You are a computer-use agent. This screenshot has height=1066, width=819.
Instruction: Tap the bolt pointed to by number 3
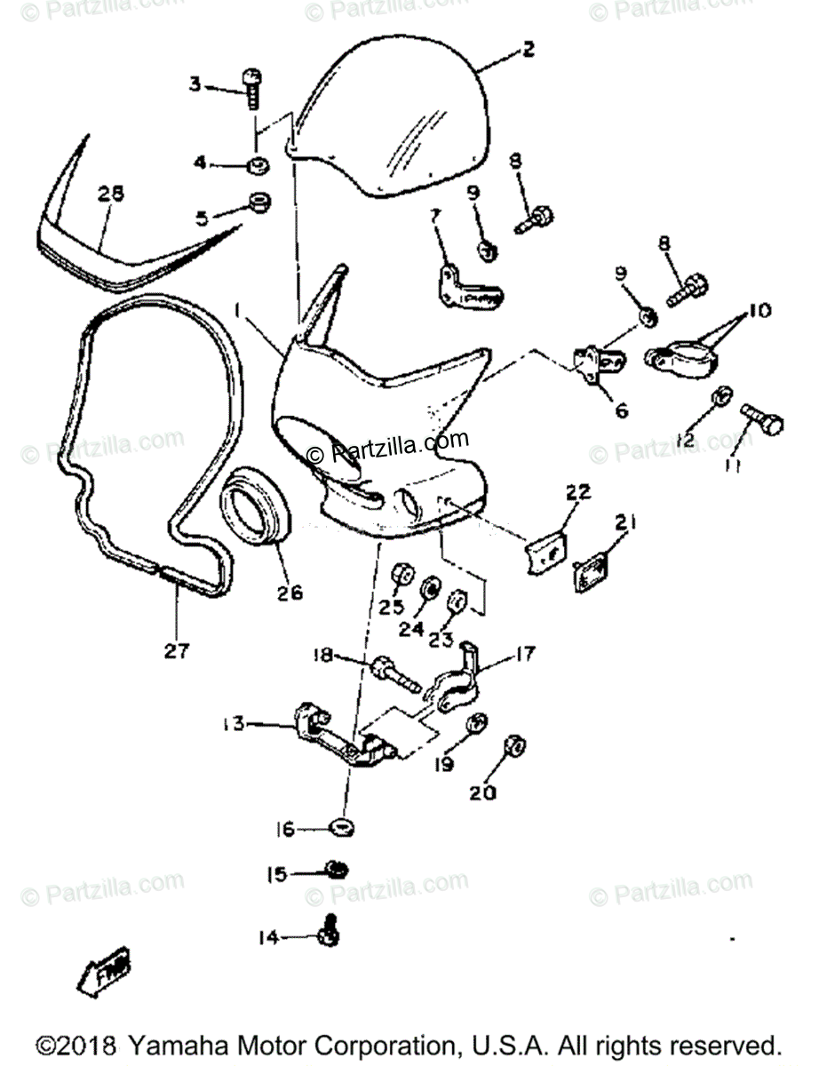click(251, 88)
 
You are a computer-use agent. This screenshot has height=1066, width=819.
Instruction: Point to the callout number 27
click(176, 650)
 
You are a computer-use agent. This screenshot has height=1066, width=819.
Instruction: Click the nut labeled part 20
click(513, 747)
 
